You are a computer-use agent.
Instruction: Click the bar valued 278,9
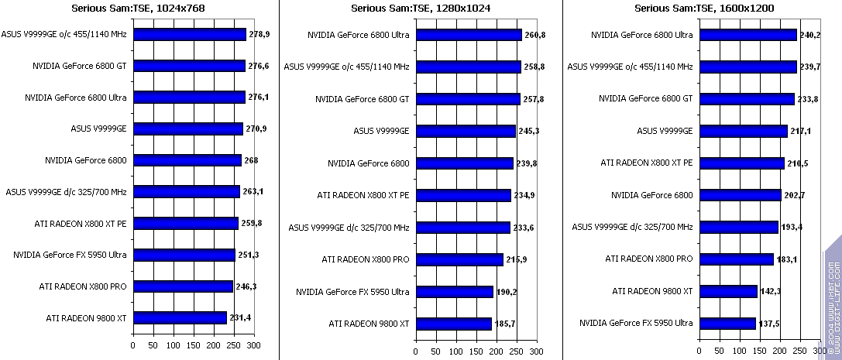189,35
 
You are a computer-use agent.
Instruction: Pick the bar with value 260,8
469,35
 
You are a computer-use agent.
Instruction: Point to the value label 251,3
248,255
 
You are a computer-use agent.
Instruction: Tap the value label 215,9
516,259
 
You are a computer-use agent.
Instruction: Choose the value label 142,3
769,291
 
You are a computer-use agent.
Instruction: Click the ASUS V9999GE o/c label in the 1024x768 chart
65,35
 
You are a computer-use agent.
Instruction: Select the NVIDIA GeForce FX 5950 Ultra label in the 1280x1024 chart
352,291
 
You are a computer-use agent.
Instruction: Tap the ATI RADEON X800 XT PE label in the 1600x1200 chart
647,163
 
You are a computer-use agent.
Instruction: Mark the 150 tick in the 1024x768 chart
193,345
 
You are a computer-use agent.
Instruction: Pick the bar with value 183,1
736,259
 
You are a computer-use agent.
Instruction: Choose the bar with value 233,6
462,227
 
